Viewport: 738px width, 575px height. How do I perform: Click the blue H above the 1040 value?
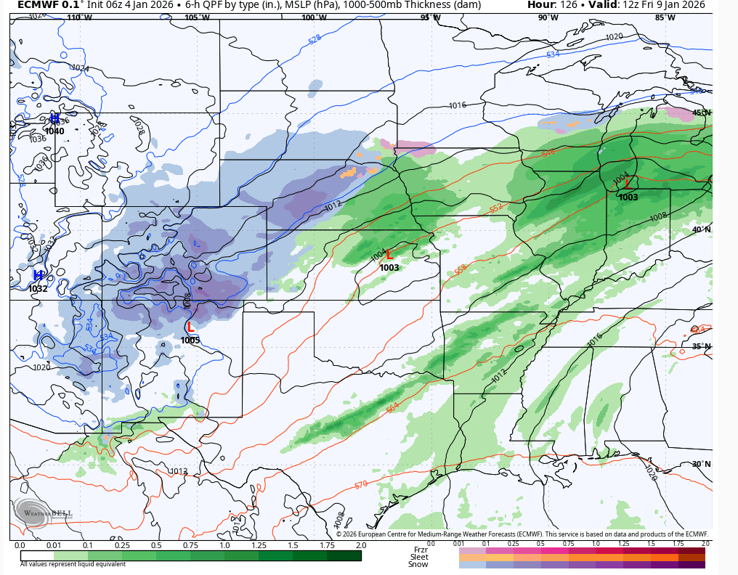click(54, 118)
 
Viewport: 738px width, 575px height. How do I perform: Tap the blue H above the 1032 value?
click(38, 275)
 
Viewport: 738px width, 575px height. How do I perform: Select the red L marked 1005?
click(190, 327)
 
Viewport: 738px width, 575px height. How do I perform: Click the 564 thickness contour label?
click(392, 408)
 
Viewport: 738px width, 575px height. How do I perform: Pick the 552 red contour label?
click(495, 208)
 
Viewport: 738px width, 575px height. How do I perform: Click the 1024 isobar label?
click(81, 68)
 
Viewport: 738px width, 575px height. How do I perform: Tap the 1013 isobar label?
click(179, 471)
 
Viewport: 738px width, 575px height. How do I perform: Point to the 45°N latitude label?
click(701, 113)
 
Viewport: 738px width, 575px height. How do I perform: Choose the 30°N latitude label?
click(701, 464)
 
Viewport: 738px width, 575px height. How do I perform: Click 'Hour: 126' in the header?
click(551, 5)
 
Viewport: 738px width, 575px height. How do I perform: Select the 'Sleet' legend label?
click(419, 557)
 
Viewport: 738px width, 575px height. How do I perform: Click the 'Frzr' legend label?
click(420, 550)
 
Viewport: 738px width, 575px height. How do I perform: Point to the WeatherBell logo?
click(42, 513)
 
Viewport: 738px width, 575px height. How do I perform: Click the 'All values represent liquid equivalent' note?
click(73, 564)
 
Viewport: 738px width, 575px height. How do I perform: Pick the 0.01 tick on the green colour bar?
click(54, 545)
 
